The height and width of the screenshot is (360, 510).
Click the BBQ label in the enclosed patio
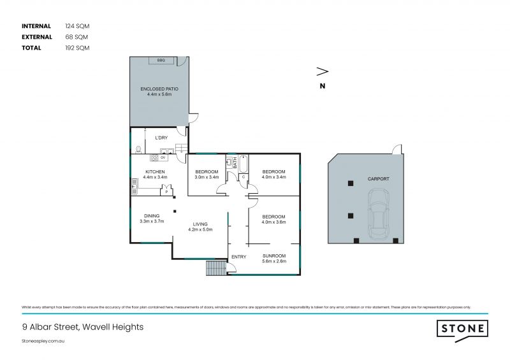click(162, 61)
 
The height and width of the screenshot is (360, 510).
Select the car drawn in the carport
click(379, 218)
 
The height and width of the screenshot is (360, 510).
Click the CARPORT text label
click(378, 179)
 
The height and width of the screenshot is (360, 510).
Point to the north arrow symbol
click(323, 71)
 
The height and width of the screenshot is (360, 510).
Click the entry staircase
click(216, 268)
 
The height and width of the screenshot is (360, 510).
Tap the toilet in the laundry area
click(138, 150)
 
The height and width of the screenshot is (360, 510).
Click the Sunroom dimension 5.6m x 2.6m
click(274, 261)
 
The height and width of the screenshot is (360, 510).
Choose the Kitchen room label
click(155, 172)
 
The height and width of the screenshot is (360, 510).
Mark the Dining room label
click(152, 216)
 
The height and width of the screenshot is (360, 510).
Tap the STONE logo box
click(462, 329)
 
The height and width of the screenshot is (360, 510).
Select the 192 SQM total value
click(76, 48)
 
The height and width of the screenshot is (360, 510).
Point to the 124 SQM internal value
click(76, 26)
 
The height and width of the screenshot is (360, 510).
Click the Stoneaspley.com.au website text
click(44, 342)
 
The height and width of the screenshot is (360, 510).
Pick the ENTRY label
click(238, 257)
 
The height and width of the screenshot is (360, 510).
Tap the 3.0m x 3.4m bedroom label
click(207, 177)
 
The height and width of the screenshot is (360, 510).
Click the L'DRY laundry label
click(161, 138)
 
